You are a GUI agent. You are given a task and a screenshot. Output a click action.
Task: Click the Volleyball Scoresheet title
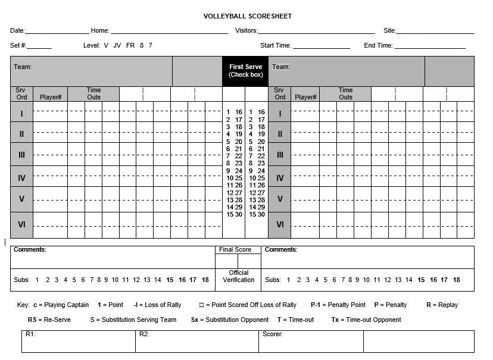tap(247, 16)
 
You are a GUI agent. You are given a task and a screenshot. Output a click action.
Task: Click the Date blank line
tap(57, 32)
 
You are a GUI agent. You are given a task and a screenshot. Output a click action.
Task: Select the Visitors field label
tap(246, 30)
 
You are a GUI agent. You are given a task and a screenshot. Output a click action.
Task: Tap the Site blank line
tap(435, 32)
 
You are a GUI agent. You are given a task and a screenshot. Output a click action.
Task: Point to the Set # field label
tap(18, 45)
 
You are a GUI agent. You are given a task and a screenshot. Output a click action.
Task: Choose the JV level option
tap(117, 45)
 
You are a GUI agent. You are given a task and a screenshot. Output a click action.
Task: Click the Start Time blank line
tap(321, 46)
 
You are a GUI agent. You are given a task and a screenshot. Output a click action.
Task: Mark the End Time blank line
tap(430, 46)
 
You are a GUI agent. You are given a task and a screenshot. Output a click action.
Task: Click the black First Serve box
tap(245, 71)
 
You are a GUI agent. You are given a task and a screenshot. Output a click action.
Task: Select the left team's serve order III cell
tap(21, 155)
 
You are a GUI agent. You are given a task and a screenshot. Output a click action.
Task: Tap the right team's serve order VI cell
tap(280, 225)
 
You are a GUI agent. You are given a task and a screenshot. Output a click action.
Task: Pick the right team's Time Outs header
tap(345, 94)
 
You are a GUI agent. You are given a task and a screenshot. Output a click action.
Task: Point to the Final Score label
tap(235, 250)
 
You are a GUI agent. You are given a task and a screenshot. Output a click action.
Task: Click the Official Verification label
tap(238, 277)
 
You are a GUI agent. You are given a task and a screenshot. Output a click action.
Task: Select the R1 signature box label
tap(30, 334)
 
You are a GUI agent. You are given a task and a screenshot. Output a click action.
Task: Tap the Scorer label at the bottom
tap(273, 334)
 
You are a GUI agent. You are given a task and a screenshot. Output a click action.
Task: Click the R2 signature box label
tap(144, 334)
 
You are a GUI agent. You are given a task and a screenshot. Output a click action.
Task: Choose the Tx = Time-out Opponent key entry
tap(366, 320)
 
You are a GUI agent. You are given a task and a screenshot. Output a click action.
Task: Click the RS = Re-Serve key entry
tap(49, 320)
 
